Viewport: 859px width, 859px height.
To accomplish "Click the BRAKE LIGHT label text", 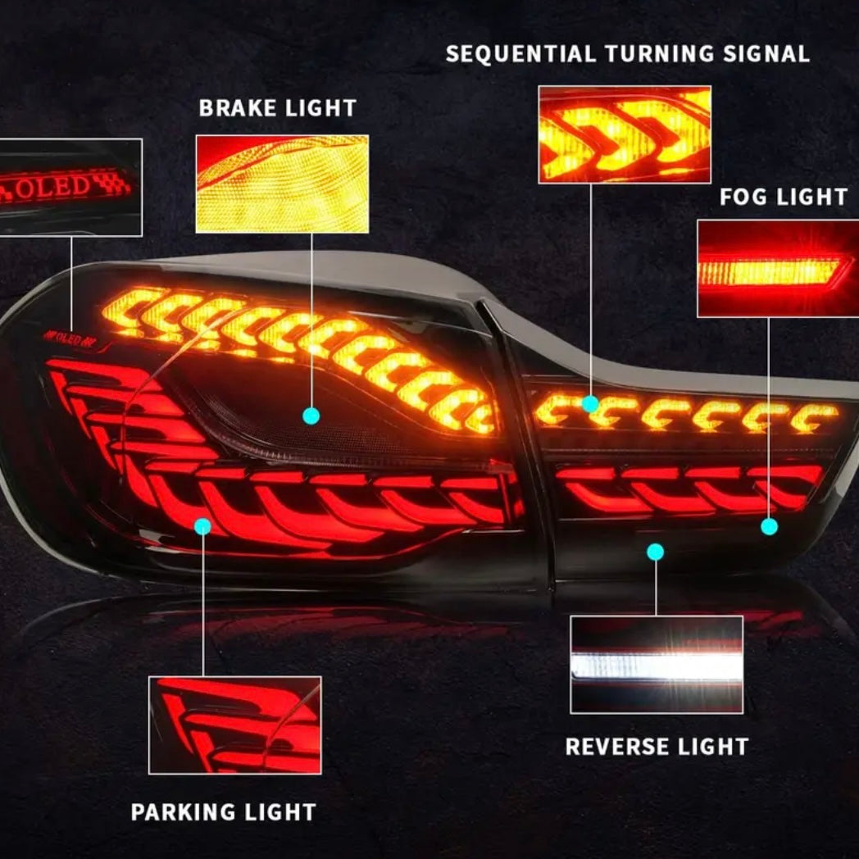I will coord(277,108).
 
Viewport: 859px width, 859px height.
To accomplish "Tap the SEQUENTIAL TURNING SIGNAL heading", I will coord(627,54).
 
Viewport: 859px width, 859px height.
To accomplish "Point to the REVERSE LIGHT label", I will coord(657,747).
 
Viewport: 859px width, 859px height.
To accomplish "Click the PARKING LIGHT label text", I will coord(223,812).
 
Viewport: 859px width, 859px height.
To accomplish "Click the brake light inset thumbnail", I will coord(281,184).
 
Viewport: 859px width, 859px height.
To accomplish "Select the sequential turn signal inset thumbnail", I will coord(624,134).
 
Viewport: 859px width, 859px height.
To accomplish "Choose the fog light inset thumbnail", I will coord(775,268).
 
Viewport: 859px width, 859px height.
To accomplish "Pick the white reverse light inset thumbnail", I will coord(657,665).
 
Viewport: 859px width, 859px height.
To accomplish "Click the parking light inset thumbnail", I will coord(234,725).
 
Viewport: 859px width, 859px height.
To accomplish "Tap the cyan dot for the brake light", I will coord(311,416).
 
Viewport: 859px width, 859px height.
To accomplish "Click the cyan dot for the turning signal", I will coord(590,403).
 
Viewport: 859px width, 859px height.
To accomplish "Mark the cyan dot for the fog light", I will coord(769,527).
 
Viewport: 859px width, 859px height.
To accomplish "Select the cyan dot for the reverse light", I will coord(655,552).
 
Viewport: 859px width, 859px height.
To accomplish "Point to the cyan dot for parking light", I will coord(202,526).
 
